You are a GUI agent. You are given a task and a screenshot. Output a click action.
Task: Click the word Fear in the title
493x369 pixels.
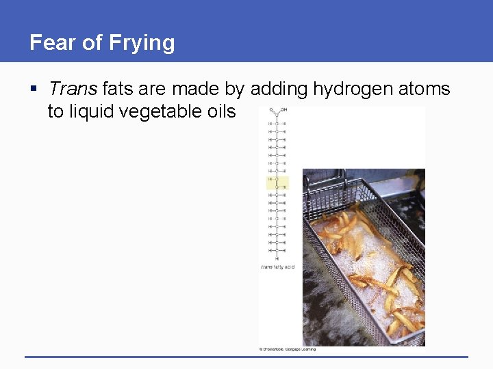click(53, 43)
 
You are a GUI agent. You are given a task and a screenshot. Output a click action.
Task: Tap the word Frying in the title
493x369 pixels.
click(141, 43)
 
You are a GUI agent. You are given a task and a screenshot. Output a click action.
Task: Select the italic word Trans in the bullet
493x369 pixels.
click(73, 89)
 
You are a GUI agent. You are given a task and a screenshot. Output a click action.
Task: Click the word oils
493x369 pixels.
click(220, 111)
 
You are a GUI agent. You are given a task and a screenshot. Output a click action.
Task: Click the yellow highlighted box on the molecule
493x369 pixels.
click(277, 182)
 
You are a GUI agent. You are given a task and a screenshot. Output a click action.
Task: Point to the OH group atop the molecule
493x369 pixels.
click(283, 109)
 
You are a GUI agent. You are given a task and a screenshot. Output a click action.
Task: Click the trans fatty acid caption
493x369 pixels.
click(277, 266)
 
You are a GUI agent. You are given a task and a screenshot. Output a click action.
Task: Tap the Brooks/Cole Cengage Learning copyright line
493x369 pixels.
click(288, 349)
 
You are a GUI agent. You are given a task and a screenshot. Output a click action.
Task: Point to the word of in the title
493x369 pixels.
click(91, 43)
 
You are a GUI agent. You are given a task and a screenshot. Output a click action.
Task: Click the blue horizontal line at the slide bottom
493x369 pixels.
click(246, 357)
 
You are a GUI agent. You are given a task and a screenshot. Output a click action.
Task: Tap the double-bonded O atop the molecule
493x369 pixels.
click(271, 109)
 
